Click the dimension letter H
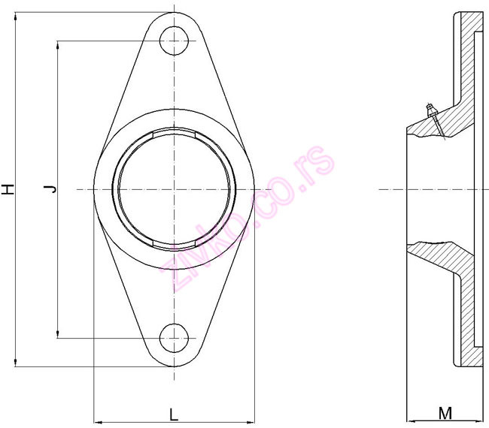8,189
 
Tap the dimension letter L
173,413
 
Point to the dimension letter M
445,412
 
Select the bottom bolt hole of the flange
174,337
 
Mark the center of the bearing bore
174,188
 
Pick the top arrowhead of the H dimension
16,16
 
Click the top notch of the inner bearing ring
174,133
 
